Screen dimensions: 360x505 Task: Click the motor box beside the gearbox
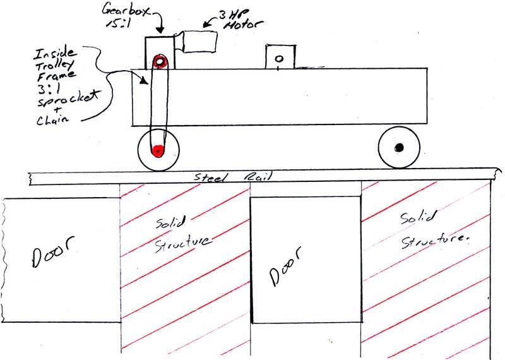click(x=199, y=42)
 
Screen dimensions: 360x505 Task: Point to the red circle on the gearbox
click(x=160, y=61)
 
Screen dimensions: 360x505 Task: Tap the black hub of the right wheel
click(x=398, y=148)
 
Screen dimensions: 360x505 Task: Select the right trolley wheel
click(x=398, y=148)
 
